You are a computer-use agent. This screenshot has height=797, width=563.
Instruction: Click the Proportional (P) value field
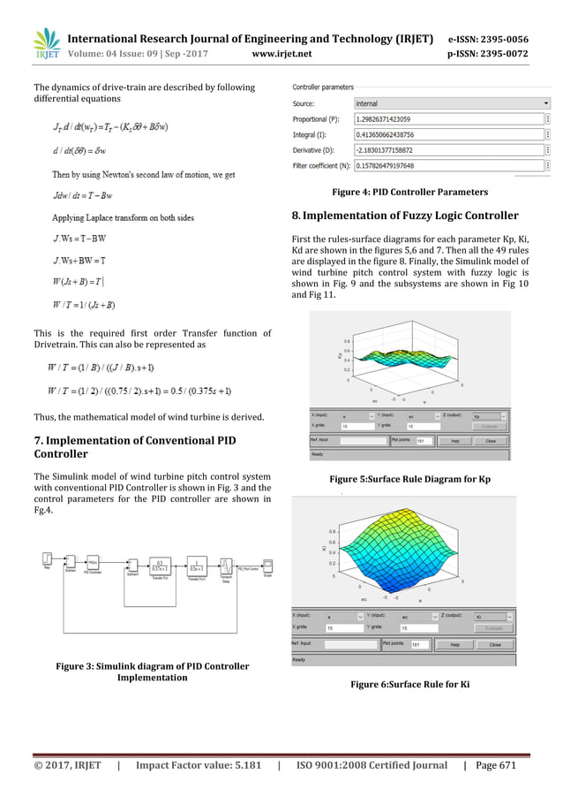(448, 118)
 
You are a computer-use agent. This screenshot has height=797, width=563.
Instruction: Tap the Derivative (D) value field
(448, 149)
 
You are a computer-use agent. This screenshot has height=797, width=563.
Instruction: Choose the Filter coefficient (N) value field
(448, 164)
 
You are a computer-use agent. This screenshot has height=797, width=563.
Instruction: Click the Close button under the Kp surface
(491, 439)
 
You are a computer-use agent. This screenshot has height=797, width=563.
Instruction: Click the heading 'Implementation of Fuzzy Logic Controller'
(406, 215)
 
